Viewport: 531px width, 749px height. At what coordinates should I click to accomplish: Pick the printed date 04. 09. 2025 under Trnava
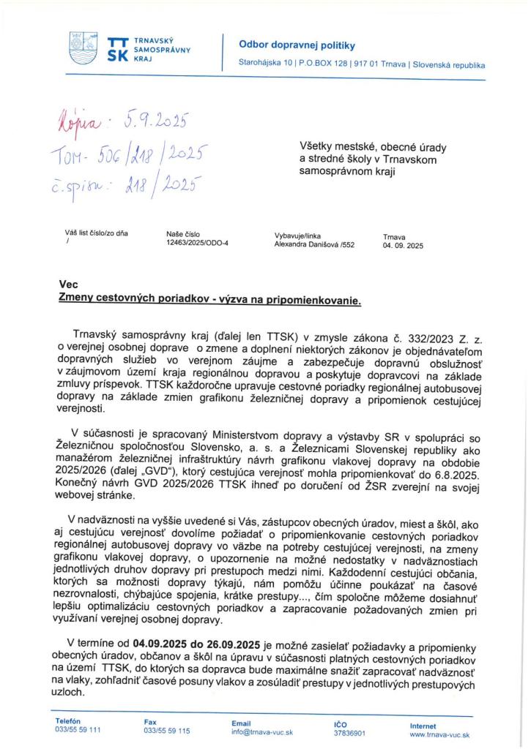pos(403,246)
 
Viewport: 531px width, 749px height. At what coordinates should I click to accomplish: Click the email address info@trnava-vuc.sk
pos(262,731)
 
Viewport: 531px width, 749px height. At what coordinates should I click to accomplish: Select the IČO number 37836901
pos(350,732)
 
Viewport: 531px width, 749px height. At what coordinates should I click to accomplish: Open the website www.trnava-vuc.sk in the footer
pos(439,734)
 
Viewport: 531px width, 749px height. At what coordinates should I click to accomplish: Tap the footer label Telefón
pos(68,721)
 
